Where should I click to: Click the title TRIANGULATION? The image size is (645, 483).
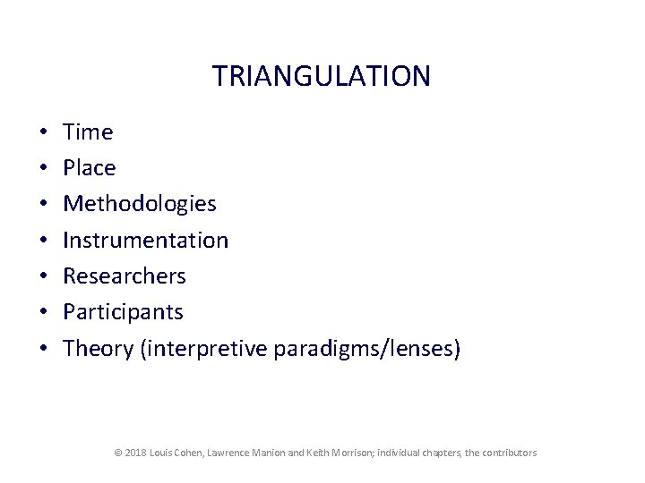[322, 76]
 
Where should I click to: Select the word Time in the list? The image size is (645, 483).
[88, 132]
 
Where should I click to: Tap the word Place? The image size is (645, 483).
[90, 168]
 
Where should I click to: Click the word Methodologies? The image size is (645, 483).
[140, 204]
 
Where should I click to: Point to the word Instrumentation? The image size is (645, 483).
[146, 240]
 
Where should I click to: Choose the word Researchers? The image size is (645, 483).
[125, 275]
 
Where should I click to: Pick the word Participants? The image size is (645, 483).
[123, 312]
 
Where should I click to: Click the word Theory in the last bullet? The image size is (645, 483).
[99, 348]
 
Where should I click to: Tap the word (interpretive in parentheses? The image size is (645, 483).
[203, 348]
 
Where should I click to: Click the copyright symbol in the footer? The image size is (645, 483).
[118, 453]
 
